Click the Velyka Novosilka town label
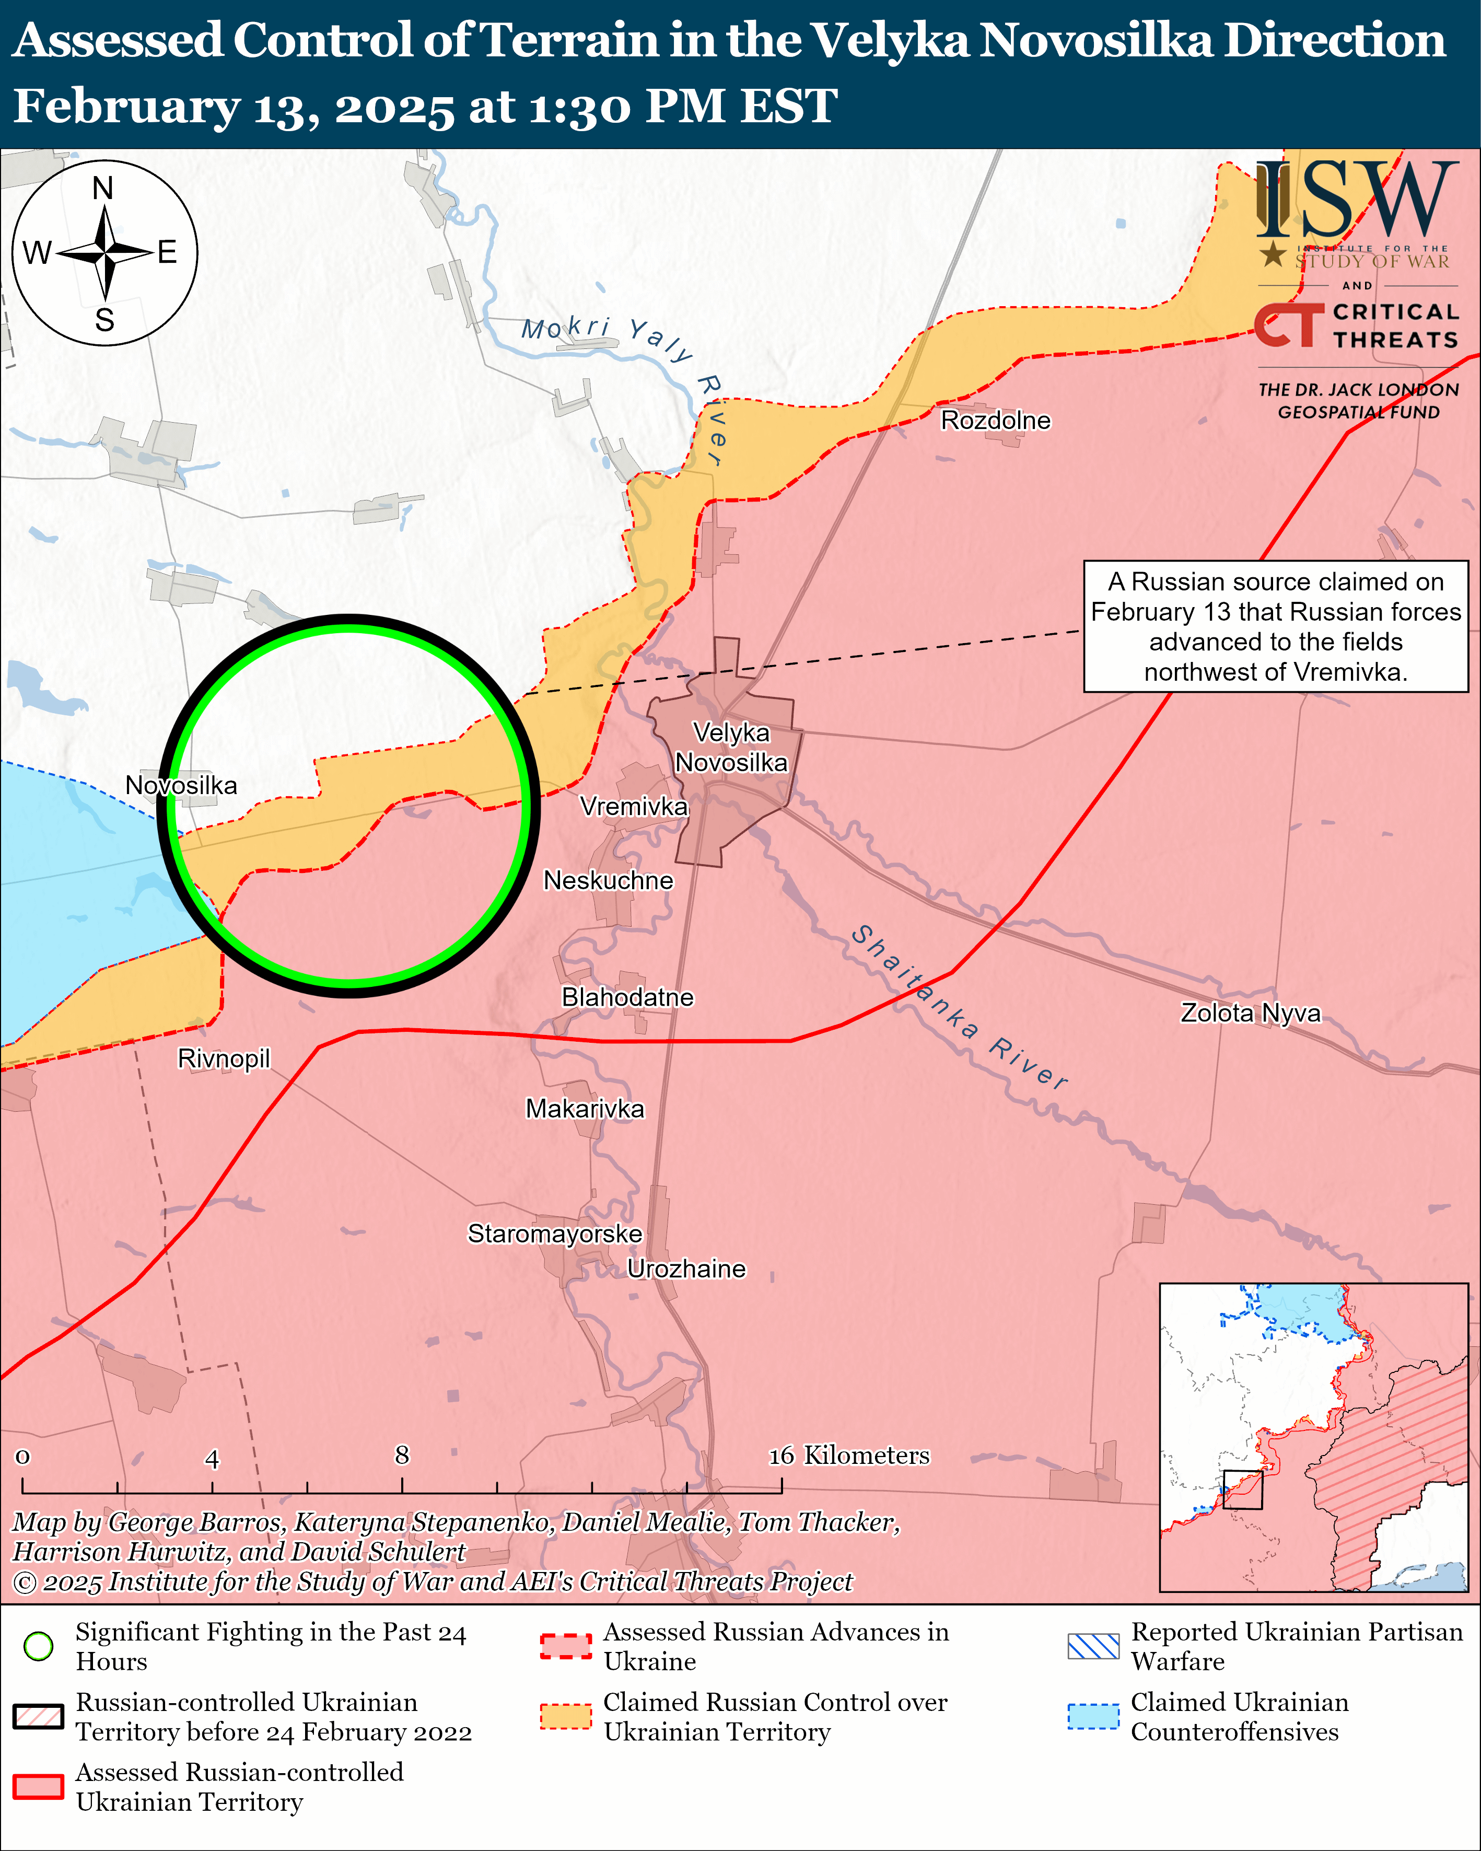[731, 748]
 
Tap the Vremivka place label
[634, 806]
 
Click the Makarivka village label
[585, 1109]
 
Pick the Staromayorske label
[555, 1233]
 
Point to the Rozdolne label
[996, 420]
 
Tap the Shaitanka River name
[959, 1006]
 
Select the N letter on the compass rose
[103, 188]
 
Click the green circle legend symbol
[39, 1646]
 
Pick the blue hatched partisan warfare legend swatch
[1093, 1646]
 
